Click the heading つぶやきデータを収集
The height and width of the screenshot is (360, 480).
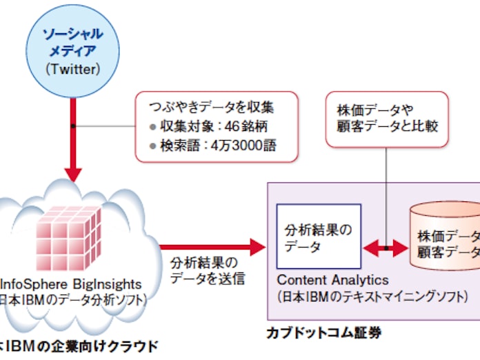coord(206,107)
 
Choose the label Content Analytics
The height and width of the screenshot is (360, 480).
coord(333,281)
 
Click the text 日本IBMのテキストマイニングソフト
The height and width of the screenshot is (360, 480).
coord(372,297)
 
